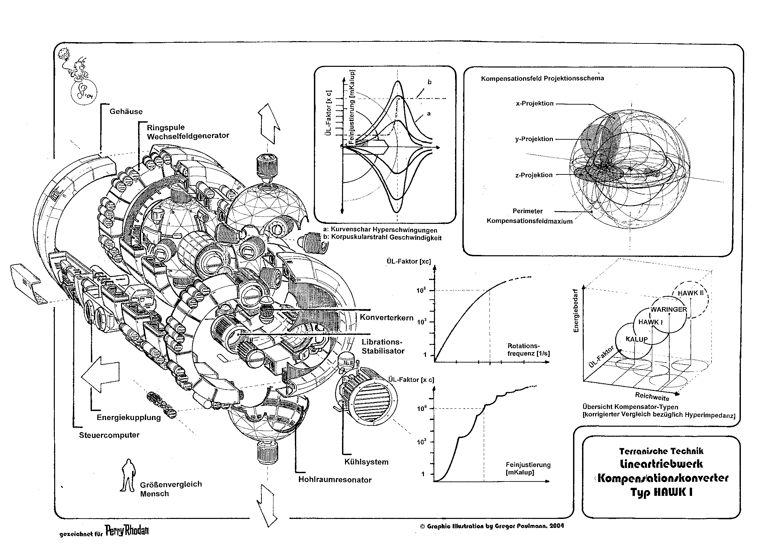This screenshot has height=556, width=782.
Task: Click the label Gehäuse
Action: (x=126, y=112)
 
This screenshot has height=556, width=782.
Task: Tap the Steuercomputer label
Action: (x=109, y=435)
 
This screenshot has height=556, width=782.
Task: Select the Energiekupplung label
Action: (x=128, y=417)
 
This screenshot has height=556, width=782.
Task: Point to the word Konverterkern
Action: (x=386, y=317)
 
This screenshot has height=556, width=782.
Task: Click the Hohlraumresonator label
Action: (x=335, y=480)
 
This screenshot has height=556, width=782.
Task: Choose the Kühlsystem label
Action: (x=366, y=462)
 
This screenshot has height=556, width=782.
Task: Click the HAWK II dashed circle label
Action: (x=690, y=293)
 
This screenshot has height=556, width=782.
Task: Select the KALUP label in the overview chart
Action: (x=637, y=339)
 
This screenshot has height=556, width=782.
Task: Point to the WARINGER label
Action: (x=669, y=309)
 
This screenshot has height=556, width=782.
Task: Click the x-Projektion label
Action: (x=534, y=103)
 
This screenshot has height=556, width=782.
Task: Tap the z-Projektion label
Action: (x=534, y=175)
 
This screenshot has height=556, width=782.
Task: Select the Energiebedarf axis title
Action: (x=576, y=310)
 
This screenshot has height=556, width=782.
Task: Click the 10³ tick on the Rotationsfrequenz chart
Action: (x=421, y=322)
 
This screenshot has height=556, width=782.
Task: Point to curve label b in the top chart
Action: (x=429, y=82)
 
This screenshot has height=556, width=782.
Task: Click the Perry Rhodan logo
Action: (x=127, y=530)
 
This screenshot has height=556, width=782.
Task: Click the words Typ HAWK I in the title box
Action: (x=661, y=492)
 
